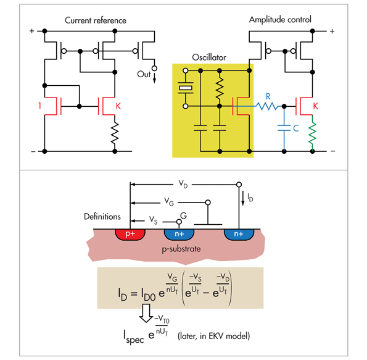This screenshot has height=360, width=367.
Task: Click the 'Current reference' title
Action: (x=96, y=20)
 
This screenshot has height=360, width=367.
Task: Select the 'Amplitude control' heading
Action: (x=281, y=20)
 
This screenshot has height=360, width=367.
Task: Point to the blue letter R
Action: (x=268, y=97)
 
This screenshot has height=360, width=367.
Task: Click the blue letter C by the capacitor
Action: (x=297, y=130)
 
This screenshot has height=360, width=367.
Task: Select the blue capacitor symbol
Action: (x=283, y=130)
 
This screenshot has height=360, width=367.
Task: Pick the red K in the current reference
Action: (x=118, y=106)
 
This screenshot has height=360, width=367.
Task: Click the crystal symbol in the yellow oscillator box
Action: (x=186, y=89)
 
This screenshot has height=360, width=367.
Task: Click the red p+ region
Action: (x=130, y=235)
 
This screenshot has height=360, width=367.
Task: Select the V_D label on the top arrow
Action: (x=183, y=184)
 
